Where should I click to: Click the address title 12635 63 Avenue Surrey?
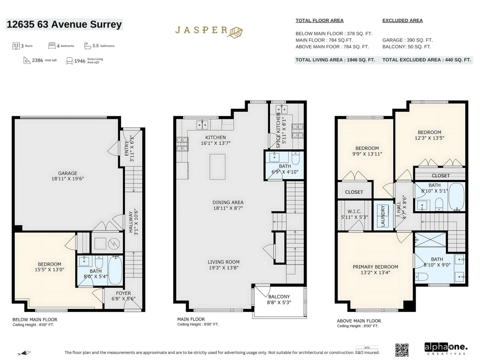pos(64,24)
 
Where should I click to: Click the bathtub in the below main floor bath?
pos(115,270)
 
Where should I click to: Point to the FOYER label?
pos(123,293)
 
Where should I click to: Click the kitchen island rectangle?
pos(217,167)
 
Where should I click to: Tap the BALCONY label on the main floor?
pos(279,296)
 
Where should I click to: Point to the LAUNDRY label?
pos(383,216)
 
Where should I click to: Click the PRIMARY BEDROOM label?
pos(375,267)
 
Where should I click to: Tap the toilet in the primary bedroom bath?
pos(422,276)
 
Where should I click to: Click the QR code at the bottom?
pos(402,350)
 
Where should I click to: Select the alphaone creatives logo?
pos(446,349)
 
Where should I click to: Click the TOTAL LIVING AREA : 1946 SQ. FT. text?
pos(335,60)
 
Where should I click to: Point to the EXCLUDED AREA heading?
pos(402,20)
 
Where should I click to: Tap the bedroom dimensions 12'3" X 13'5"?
pos(429,138)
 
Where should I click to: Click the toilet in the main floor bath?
pos(296,158)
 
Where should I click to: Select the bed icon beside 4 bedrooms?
pos(52,46)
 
